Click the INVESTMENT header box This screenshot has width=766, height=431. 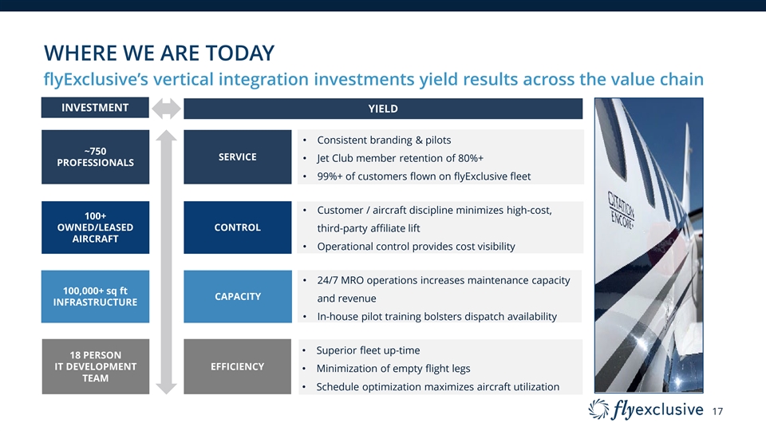pyautogui.click(x=95, y=108)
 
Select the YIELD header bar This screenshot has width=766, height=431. pyautogui.click(x=383, y=109)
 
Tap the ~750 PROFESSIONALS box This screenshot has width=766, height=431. pyautogui.click(x=95, y=157)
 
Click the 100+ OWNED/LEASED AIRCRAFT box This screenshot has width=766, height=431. pyautogui.click(x=95, y=227)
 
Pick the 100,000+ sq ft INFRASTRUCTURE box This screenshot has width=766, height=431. pyautogui.click(x=95, y=297)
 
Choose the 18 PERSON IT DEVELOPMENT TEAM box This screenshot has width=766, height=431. pyautogui.click(x=95, y=366)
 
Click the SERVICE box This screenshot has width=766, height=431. pyautogui.click(x=238, y=157)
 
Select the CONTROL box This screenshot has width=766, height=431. pyautogui.click(x=238, y=227)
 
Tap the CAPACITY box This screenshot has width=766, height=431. pyautogui.click(x=238, y=297)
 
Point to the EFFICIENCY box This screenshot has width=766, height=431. pyautogui.click(x=238, y=366)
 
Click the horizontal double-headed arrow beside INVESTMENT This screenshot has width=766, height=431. pyautogui.click(x=166, y=109)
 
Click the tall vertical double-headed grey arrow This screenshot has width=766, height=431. pyautogui.click(x=166, y=262)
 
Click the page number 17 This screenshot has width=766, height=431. pyautogui.click(x=717, y=412)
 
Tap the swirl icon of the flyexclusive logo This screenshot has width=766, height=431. pyautogui.click(x=598, y=409)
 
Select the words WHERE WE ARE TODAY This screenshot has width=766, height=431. pyautogui.click(x=160, y=53)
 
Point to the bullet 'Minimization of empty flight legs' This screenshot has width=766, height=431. pyautogui.click(x=393, y=369)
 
